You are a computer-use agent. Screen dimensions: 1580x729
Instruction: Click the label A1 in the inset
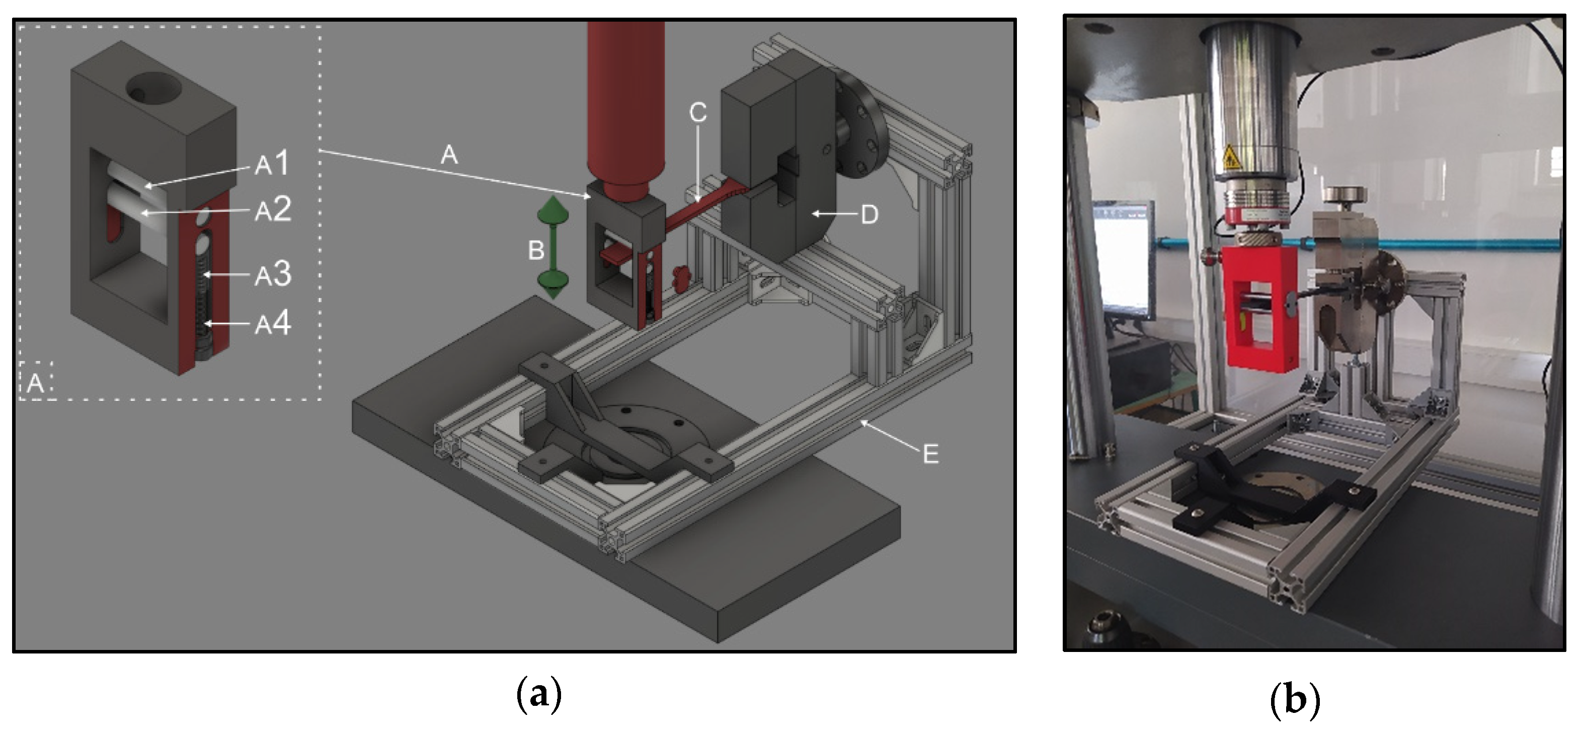point(272,163)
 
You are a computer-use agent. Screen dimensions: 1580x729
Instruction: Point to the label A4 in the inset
point(273,323)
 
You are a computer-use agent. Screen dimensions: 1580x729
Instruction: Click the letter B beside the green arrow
point(536,250)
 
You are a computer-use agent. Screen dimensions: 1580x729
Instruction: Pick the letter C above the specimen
point(698,112)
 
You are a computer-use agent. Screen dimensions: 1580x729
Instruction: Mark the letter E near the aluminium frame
point(930,455)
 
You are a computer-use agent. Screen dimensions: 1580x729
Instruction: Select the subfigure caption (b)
point(1294,699)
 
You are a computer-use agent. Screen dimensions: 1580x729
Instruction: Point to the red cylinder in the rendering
point(625,110)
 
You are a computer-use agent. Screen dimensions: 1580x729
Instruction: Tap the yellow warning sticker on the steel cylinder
point(1231,158)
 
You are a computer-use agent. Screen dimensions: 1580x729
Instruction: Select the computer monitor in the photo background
point(1124,258)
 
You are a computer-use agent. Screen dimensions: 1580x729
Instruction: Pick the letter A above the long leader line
point(449,155)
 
